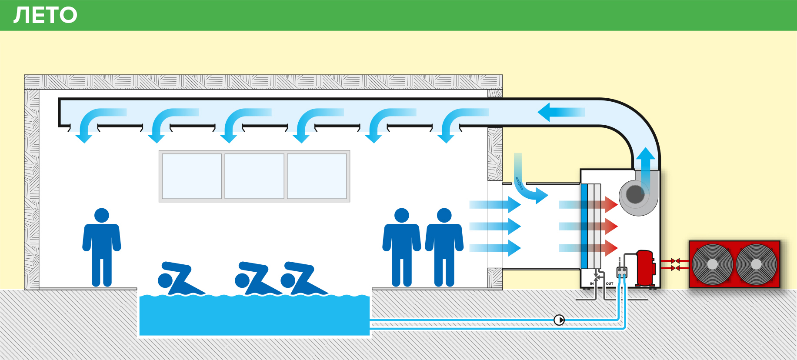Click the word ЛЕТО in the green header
tap(45, 15)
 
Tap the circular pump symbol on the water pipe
tap(559, 320)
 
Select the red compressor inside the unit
tap(645, 268)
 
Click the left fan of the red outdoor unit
tap(712, 264)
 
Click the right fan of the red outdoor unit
tap(756, 264)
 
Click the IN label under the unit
tap(592, 283)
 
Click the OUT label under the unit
tap(610, 283)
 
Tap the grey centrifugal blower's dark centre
tap(635, 194)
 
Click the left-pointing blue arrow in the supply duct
tap(561, 112)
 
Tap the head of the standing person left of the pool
tap(102, 215)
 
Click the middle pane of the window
tap(254, 176)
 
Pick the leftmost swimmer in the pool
tap(180, 278)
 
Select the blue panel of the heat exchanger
tap(584, 226)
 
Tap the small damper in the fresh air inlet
tap(518, 183)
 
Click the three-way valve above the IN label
tap(597, 277)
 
